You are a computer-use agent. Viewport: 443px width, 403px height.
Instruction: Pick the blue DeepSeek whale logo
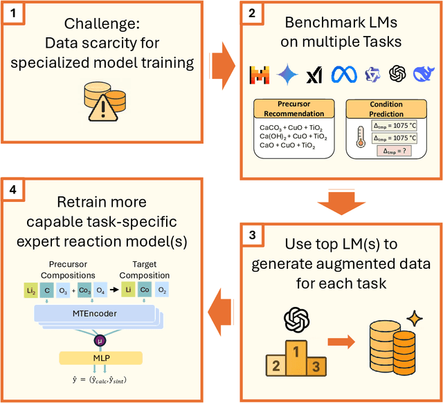pyautogui.click(x=424, y=73)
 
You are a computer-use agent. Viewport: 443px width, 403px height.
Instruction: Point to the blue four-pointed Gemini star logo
pyautogui.click(x=287, y=73)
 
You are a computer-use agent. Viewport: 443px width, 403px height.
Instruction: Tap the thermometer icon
pyautogui.click(x=360, y=138)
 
